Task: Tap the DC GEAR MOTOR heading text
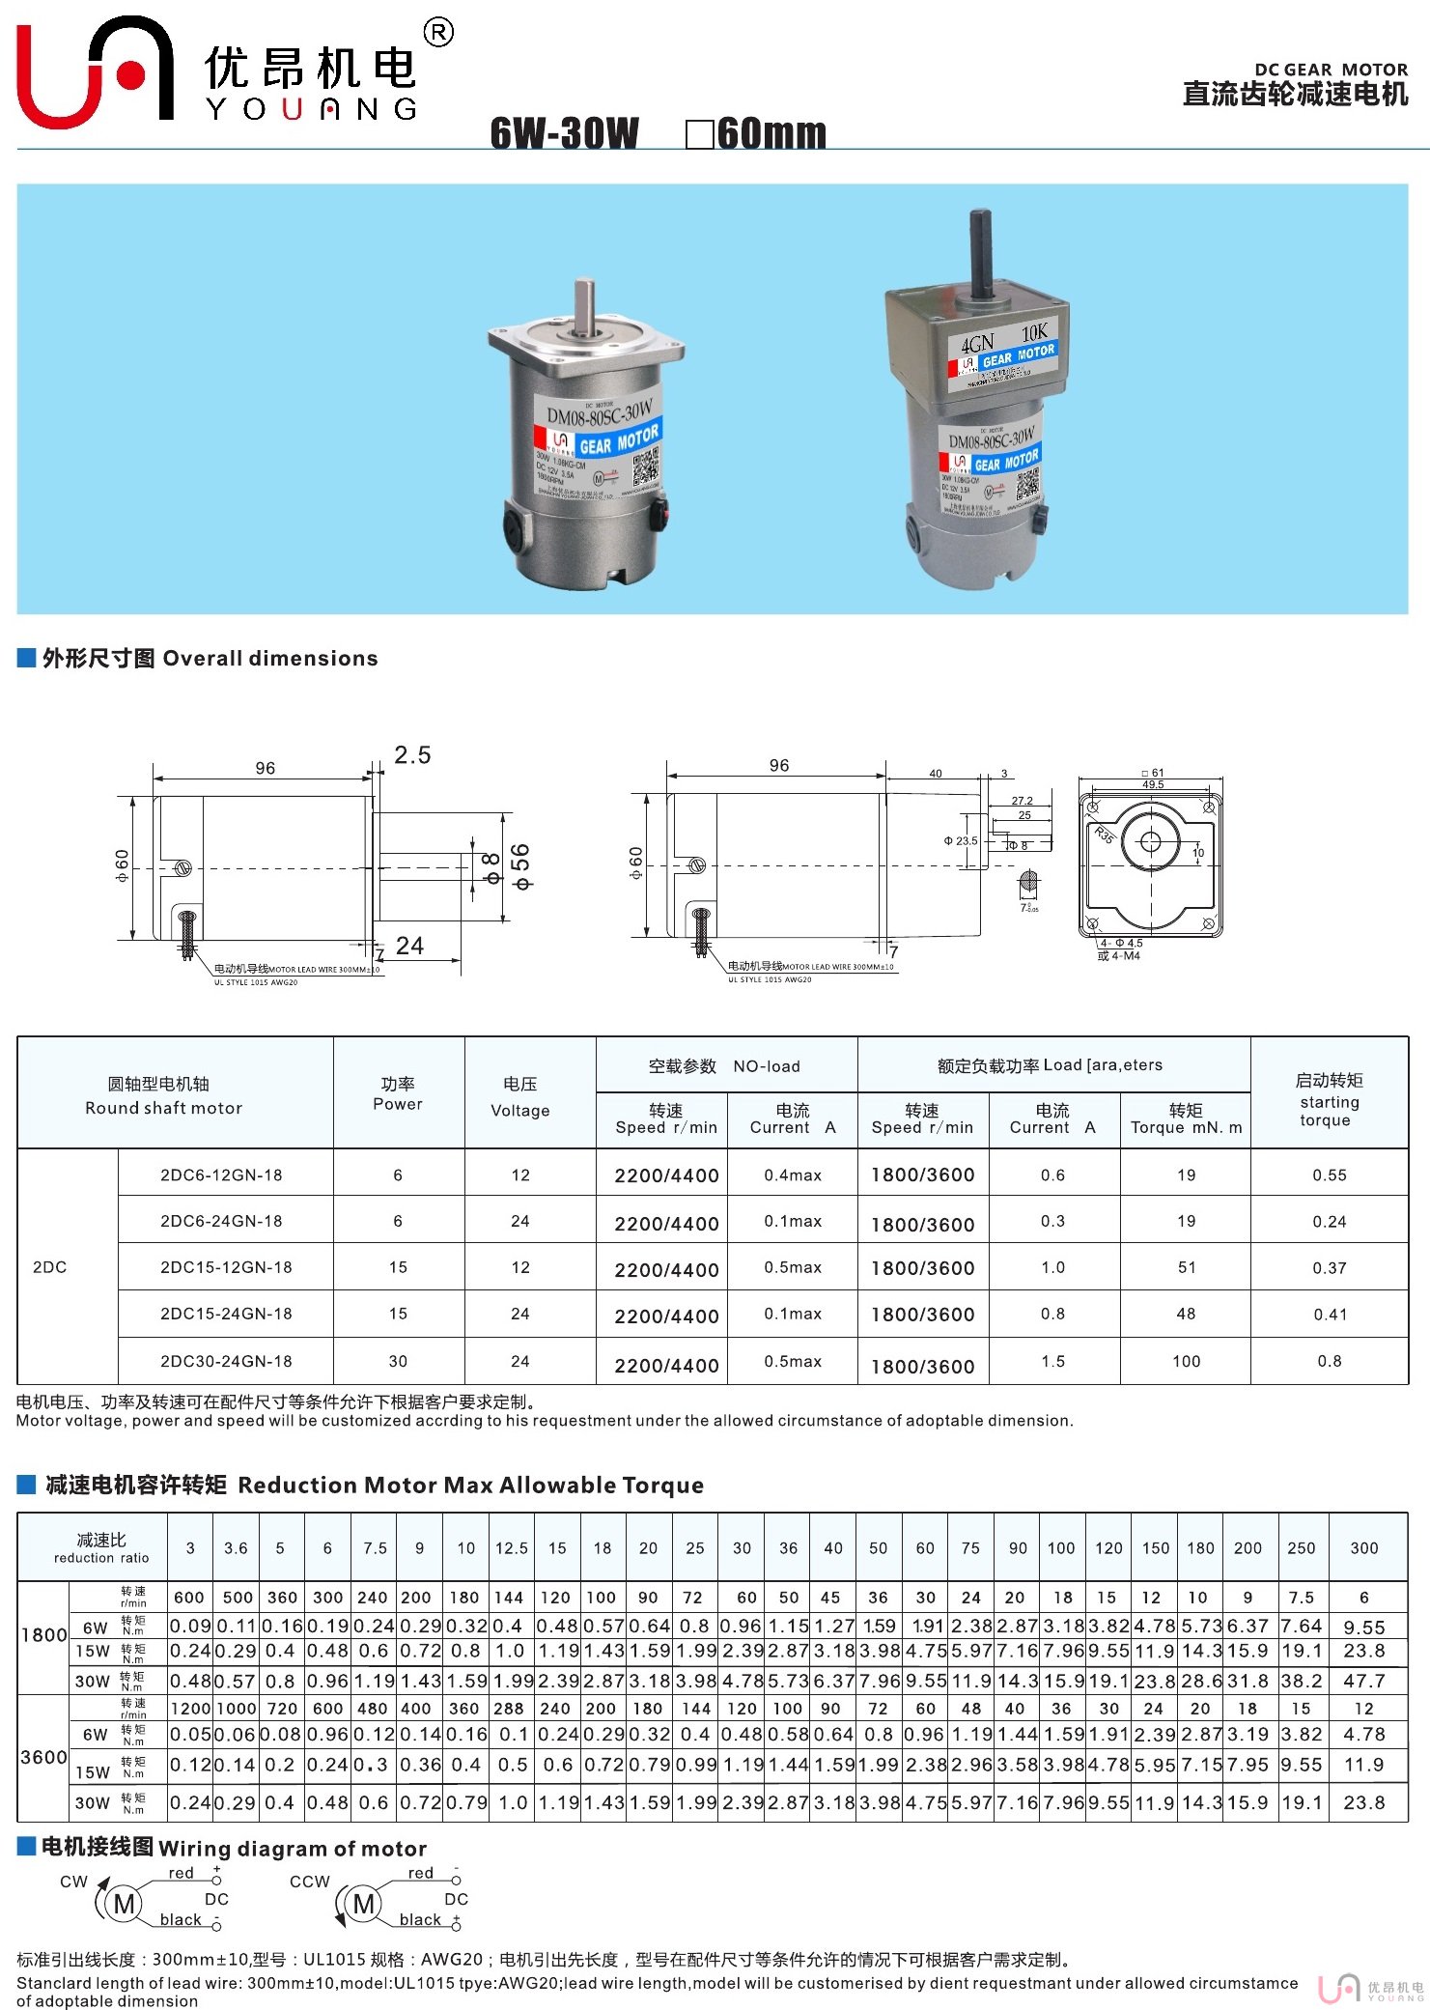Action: click(x=1330, y=70)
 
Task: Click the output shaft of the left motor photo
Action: click(x=585, y=308)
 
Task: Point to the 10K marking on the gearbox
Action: click(x=1034, y=332)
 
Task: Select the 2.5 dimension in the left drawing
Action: click(x=412, y=755)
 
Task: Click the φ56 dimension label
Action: click(x=520, y=866)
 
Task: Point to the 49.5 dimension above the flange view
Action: click(x=1153, y=785)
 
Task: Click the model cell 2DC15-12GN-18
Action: click(x=226, y=1267)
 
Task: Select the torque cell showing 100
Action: click(x=1186, y=1361)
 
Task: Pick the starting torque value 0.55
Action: click(x=1329, y=1175)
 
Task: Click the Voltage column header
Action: click(x=519, y=1097)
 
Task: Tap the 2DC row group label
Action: click(x=50, y=1267)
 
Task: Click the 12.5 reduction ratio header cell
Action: click(x=511, y=1548)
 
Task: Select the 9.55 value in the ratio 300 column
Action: click(x=1363, y=1628)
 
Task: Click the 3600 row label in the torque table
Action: click(x=44, y=1757)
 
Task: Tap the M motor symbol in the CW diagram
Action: click(x=125, y=1904)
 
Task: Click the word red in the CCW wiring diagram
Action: click(x=421, y=1873)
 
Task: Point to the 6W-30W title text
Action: click(x=564, y=133)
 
